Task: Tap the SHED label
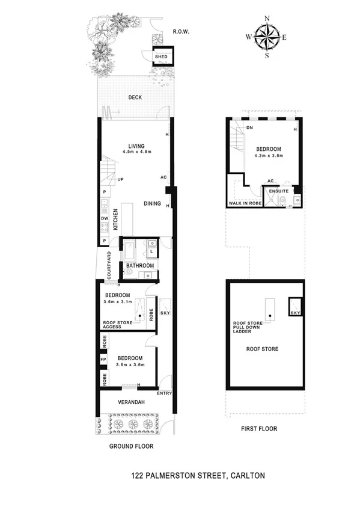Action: point(162,58)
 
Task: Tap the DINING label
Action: point(152,204)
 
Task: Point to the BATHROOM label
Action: point(140,265)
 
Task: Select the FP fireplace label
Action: point(104,360)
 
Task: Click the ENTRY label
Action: point(164,393)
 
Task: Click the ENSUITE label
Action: point(278,191)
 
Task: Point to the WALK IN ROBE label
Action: point(243,204)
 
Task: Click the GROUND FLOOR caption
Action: point(131,446)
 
